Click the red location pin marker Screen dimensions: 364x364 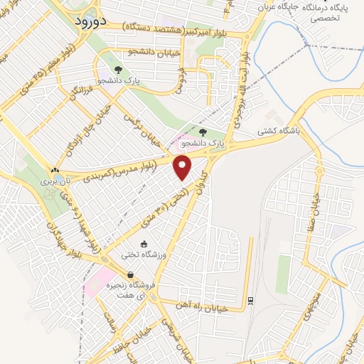point(183,168)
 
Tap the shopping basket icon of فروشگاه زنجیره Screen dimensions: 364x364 point(130,275)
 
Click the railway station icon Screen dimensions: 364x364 point(250,301)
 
